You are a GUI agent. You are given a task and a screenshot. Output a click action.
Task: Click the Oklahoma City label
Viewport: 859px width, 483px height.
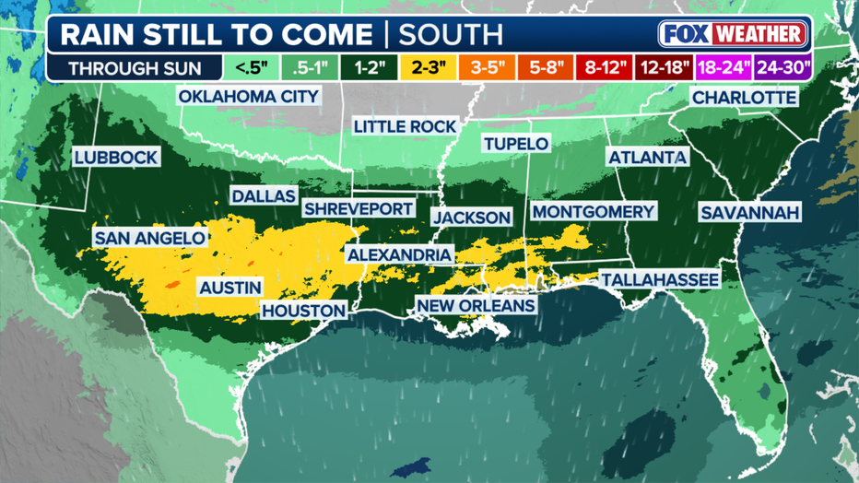tap(248, 96)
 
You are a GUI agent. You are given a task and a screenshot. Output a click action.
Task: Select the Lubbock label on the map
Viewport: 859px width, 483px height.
tap(116, 158)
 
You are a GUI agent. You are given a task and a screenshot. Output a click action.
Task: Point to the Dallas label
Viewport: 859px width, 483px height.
tap(264, 196)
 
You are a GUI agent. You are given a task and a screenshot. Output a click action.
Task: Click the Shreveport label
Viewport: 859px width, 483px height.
tap(359, 209)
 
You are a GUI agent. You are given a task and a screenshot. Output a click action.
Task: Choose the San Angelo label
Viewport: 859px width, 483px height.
tap(149, 238)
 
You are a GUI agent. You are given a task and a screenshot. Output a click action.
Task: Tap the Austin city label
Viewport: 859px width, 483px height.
tap(230, 288)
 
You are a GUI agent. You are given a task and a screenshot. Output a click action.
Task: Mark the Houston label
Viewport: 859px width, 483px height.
tap(303, 311)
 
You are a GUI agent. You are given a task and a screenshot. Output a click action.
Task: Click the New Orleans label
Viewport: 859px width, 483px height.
tap(476, 305)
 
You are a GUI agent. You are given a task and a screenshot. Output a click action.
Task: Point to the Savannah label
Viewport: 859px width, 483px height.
tap(749, 213)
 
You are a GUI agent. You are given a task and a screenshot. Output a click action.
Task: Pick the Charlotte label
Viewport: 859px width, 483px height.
tap(743, 97)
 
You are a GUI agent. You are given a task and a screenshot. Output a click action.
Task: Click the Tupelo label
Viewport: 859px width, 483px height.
tap(516, 143)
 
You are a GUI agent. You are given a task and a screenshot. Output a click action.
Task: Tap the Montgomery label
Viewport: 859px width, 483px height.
tap(593, 211)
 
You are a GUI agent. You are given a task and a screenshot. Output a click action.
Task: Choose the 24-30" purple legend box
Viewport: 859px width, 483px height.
tap(782, 67)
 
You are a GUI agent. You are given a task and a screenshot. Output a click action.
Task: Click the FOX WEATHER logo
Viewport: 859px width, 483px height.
tap(733, 34)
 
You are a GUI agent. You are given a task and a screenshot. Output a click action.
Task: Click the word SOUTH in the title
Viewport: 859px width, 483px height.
tap(450, 35)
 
